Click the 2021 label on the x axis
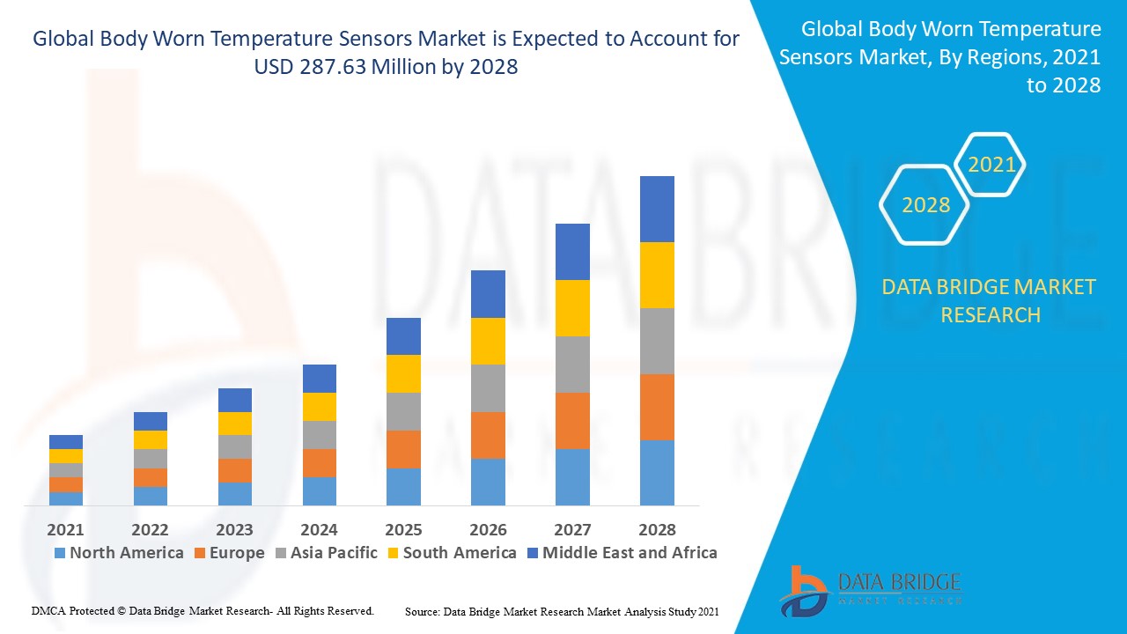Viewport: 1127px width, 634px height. point(65,529)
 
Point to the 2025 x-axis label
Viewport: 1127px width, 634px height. point(403,529)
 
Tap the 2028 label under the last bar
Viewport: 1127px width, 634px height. point(657,529)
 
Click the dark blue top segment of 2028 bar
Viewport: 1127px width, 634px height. point(657,209)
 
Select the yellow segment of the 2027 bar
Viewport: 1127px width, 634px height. point(572,308)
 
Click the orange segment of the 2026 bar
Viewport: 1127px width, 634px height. point(488,435)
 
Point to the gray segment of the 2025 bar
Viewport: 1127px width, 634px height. point(403,411)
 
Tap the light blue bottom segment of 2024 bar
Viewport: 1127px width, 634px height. point(319,490)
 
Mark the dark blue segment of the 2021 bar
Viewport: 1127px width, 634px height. point(65,442)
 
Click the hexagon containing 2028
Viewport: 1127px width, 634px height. point(924,204)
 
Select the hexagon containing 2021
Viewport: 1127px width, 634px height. point(991,165)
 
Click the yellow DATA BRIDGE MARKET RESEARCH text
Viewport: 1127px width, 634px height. point(989,300)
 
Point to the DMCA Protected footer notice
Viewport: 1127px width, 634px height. point(203,610)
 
